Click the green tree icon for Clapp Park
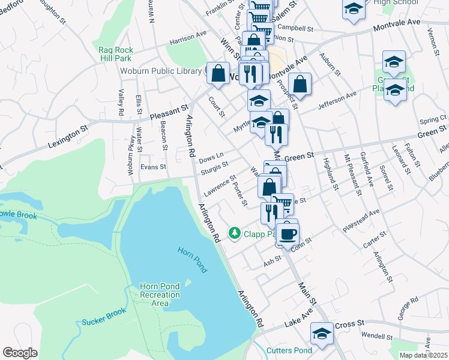tap(235, 233)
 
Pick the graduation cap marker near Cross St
tap(322, 334)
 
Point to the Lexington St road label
tap(68, 137)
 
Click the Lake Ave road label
tap(298, 322)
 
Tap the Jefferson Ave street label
tap(337, 99)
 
